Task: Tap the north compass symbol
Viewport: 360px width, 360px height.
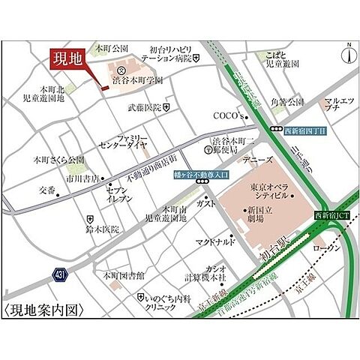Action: (346, 54)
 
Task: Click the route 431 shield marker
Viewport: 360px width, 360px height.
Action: (60, 275)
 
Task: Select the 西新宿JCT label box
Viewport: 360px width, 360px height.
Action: (330, 215)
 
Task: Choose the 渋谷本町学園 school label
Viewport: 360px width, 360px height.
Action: (138, 80)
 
